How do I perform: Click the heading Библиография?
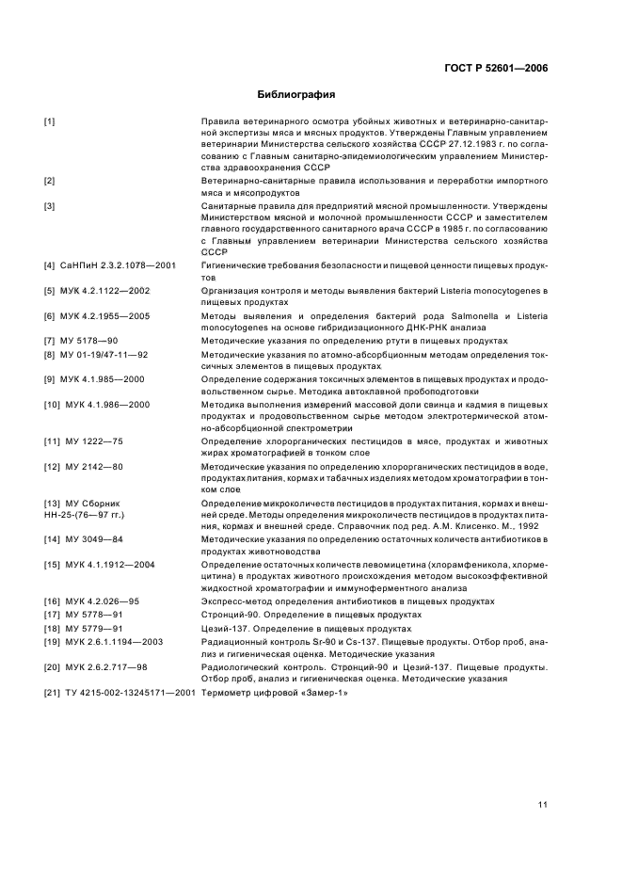point(296,95)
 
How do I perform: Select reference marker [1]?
point(50,122)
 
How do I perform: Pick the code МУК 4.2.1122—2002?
point(104,291)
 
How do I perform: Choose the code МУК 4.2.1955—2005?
point(104,316)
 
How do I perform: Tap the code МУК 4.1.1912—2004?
point(105,564)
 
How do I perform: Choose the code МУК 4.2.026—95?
point(102,601)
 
